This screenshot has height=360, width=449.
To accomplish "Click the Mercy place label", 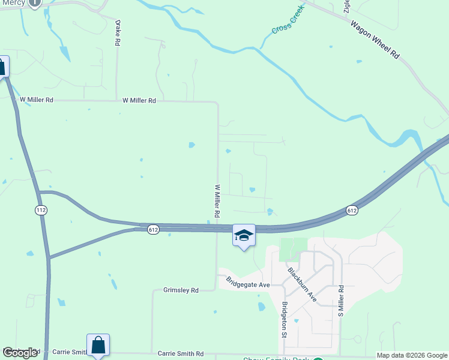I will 13,2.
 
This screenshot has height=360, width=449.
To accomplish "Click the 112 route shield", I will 41,210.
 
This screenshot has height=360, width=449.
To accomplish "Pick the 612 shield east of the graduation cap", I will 352,210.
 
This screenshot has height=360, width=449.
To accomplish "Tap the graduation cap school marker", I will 244,235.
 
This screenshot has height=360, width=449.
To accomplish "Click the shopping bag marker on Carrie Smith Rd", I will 98,345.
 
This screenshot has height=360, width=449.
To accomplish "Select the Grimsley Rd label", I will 181,290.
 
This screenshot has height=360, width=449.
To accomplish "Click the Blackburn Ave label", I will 301,283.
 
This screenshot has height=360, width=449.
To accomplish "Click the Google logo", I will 20,353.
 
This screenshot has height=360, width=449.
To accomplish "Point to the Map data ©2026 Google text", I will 412,355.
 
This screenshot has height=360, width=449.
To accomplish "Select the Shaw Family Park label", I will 276,358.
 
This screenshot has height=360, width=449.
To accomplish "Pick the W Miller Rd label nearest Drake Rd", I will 139,101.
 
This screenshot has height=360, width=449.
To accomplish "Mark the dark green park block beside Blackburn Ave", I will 293,249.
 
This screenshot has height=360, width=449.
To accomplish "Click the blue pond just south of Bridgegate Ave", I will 261,307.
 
